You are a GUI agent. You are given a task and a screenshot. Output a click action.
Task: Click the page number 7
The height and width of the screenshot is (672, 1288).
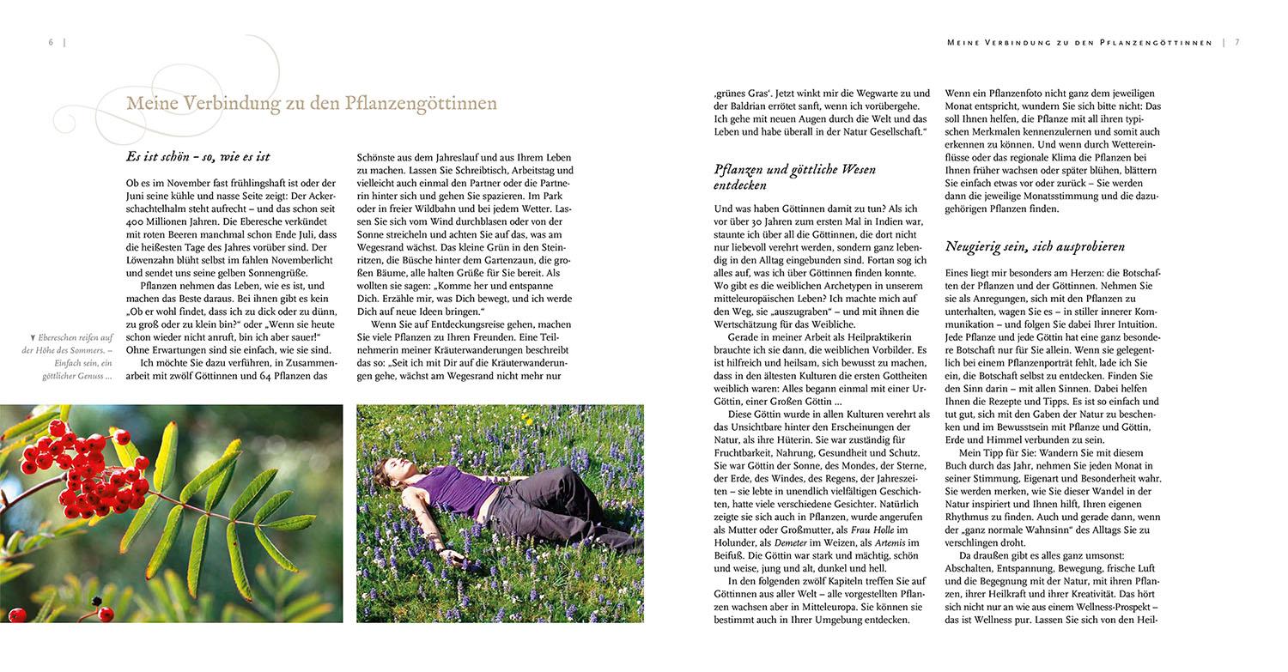point(1236,42)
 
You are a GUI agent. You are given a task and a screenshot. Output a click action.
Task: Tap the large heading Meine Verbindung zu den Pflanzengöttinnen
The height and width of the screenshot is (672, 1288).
point(311,104)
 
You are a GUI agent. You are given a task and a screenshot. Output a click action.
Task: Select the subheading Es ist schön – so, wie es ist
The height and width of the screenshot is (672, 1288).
point(197,156)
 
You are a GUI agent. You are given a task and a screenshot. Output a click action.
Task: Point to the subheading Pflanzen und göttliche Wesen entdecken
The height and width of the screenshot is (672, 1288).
point(794,177)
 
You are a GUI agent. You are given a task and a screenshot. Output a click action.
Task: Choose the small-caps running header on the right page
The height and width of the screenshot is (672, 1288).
point(1078,42)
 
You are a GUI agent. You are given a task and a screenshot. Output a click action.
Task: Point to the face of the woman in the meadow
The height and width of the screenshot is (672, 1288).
point(398,467)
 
